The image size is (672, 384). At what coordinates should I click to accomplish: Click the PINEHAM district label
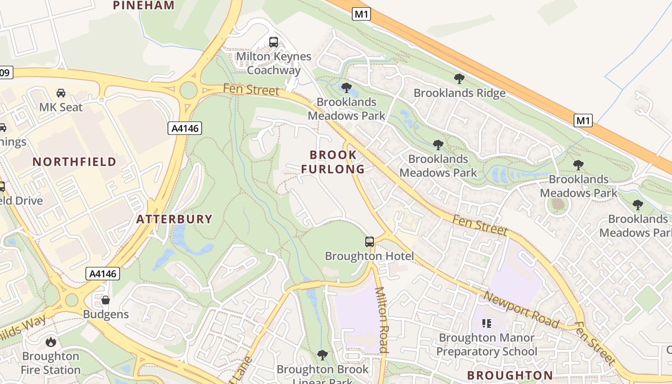coord(144,6)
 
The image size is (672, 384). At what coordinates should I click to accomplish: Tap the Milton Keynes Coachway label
coord(274,63)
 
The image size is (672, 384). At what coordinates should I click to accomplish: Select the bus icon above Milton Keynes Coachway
coord(274,42)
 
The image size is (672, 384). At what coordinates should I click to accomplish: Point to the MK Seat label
coord(61,107)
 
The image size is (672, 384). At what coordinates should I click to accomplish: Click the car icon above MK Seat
coord(61,93)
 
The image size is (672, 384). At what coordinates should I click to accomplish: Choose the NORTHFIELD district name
coord(74,162)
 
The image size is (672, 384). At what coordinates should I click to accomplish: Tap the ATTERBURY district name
coord(174,219)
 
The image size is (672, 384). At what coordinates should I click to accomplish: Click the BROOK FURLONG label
coord(333,162)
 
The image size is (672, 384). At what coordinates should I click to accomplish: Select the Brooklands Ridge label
coord(459,93)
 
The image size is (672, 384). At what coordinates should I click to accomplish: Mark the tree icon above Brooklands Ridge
coord(459,79)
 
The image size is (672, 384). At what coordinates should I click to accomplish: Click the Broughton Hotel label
coord(370,256)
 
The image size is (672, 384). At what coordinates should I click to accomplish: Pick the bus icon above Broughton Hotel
coord(370,242)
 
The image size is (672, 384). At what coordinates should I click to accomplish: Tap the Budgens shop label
coord(106,314)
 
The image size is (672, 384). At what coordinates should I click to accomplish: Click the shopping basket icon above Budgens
coord(106,300)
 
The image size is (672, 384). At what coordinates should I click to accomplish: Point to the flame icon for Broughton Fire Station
coord(50,342)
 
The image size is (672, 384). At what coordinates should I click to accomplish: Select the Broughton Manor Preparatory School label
coord(487,345)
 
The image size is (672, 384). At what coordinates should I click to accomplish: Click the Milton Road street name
coord(381,320)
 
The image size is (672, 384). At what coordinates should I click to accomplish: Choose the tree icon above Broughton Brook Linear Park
coord(323,355)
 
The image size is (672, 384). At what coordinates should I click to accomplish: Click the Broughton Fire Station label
coord(50,363)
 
